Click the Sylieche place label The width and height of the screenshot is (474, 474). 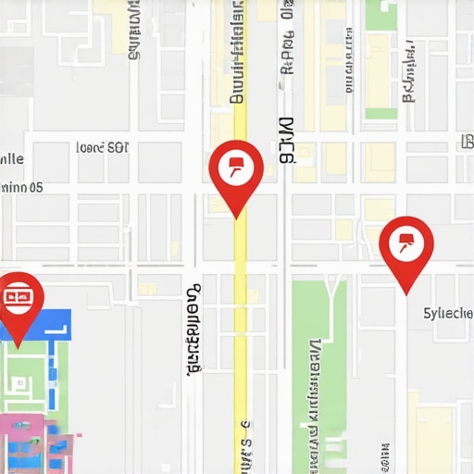[447, 313]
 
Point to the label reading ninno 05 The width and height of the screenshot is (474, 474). [21, 186]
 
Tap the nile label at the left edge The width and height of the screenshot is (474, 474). [11, 158]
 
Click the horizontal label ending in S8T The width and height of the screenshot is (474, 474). [102, 147]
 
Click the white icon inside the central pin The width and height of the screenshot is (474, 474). [236, 166]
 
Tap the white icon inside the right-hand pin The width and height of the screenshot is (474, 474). [406, 243]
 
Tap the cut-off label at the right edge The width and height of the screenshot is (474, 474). [467, 142]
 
